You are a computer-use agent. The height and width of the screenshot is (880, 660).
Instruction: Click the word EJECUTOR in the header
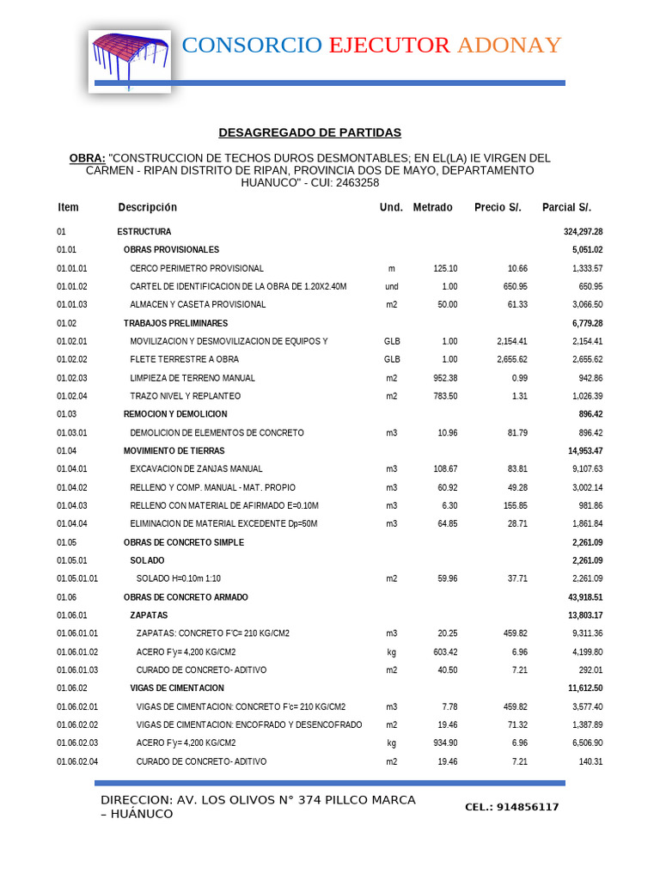[388, 46]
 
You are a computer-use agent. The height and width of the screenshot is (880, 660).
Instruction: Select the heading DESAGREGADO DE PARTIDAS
[309, 132]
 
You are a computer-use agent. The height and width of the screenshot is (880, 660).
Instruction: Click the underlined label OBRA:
[87, 158]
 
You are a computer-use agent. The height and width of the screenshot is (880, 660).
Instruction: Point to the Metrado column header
[432, 207]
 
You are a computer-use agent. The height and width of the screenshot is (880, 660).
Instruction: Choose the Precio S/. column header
[498, 207]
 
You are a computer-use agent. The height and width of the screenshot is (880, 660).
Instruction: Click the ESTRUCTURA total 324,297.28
[583, 232]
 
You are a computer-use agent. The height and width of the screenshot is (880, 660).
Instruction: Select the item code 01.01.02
[72, 286]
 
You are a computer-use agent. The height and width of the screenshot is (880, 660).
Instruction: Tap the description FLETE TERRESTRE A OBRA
[184, 359]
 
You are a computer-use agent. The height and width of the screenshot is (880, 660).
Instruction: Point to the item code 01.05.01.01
[77, 578]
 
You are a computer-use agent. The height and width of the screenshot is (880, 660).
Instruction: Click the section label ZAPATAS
[149, 615]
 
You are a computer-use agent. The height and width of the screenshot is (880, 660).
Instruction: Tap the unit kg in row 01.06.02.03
[392, 742]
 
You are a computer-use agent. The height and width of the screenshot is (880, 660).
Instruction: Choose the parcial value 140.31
[589, 761]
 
